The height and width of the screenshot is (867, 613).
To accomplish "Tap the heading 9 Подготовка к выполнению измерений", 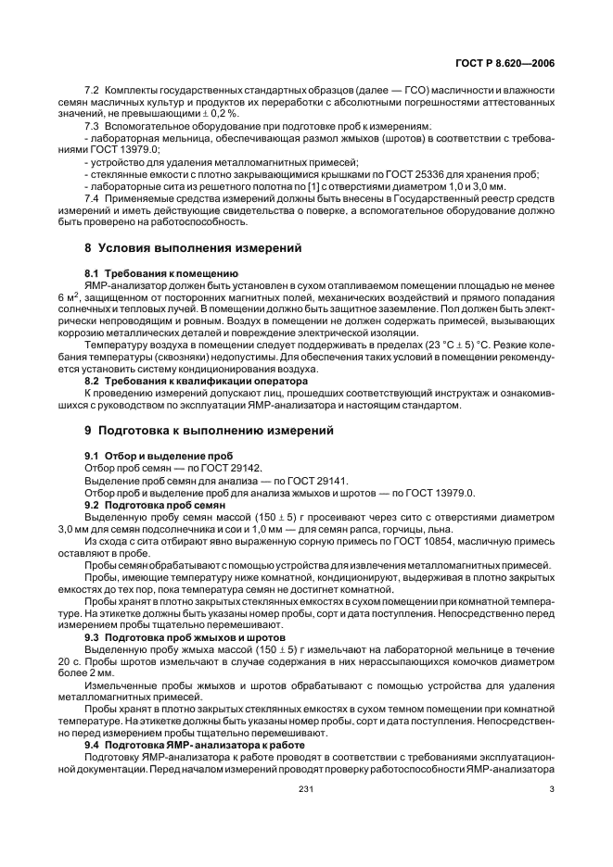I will coord(209,431).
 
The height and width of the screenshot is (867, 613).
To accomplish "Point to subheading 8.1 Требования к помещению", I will coord(161,276).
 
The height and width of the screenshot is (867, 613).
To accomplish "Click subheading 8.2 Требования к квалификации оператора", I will coord(197,381).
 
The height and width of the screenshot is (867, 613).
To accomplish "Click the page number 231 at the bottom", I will coord(306,789).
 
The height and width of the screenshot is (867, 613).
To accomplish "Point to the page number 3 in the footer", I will coord(552,789).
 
